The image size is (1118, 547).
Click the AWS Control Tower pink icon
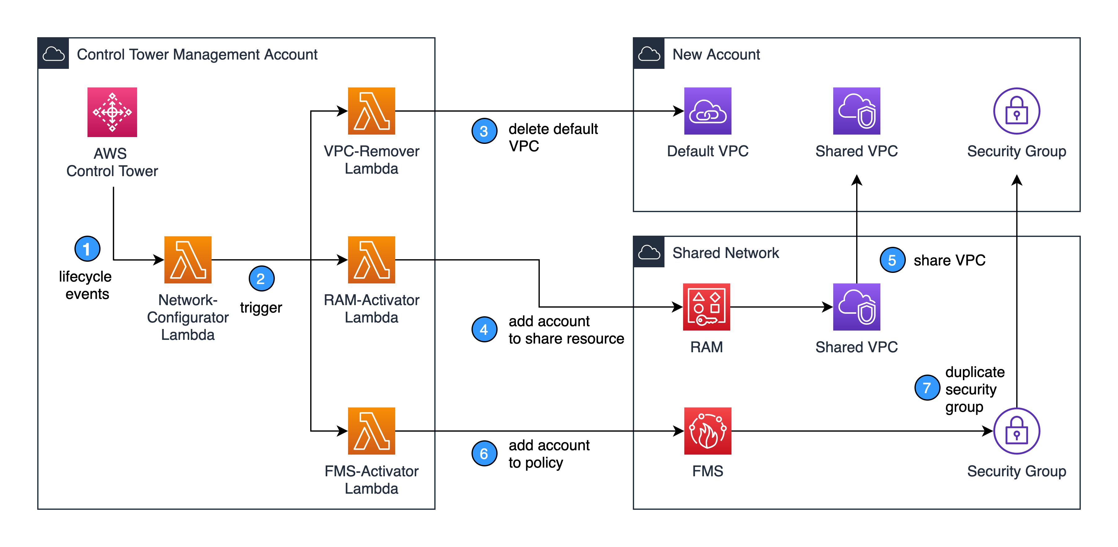click(112, 112)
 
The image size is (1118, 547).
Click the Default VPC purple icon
click(707, 111)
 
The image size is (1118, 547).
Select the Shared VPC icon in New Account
click(856, 111)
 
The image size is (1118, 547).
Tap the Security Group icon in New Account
click(1017, 111)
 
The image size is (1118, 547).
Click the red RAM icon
click(707, 307)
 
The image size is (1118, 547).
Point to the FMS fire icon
click(707, 431)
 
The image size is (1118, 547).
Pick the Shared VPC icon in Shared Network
click(856, 307)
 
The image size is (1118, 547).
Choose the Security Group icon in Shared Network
click(1017, 431)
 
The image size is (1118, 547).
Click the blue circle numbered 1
click(87, 249)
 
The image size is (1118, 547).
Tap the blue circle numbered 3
click(484, 131)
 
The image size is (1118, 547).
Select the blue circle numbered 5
click(892, 260)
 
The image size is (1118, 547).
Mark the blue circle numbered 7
click(927, 387)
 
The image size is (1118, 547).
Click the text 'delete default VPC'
click(552, 137)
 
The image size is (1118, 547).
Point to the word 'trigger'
click(261, 308)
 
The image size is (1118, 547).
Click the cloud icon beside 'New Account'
click(649, 54)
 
